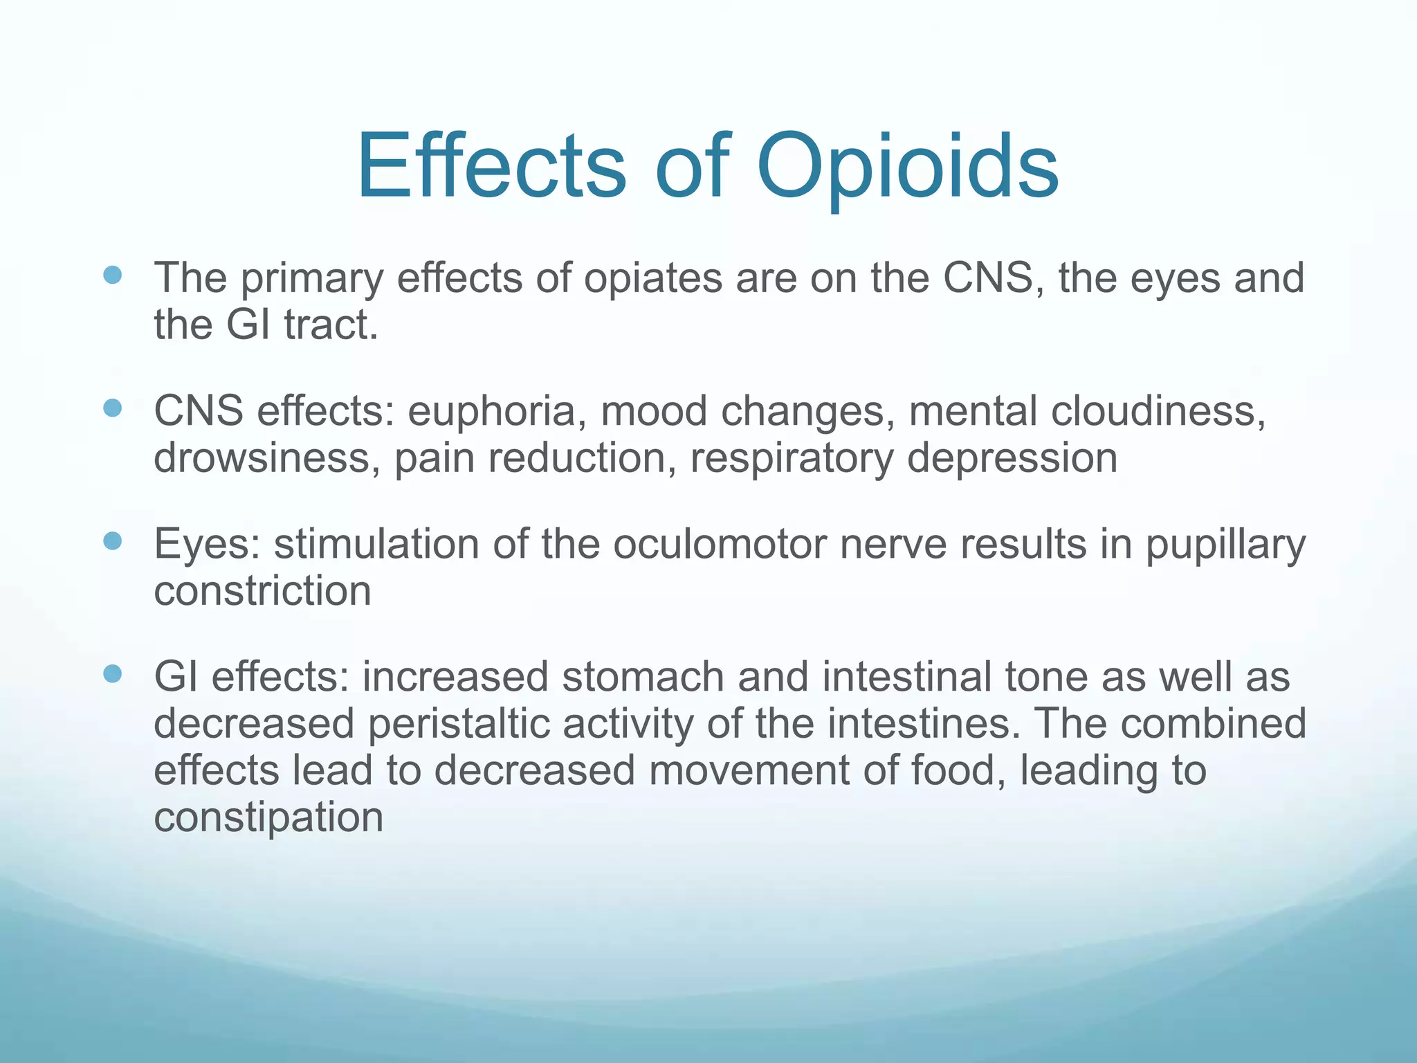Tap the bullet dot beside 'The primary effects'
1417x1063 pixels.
point(112,275)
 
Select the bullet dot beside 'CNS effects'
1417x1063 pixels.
point(112,408)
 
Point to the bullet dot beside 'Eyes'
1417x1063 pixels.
point(112,540)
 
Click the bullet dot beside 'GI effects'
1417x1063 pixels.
point(112,673)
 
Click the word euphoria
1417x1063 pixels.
point(491,412)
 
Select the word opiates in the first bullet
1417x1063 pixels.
point(653,279)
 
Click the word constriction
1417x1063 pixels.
point(262,592)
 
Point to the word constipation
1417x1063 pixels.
point(268,819)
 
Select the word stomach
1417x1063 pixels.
point(643,677)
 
